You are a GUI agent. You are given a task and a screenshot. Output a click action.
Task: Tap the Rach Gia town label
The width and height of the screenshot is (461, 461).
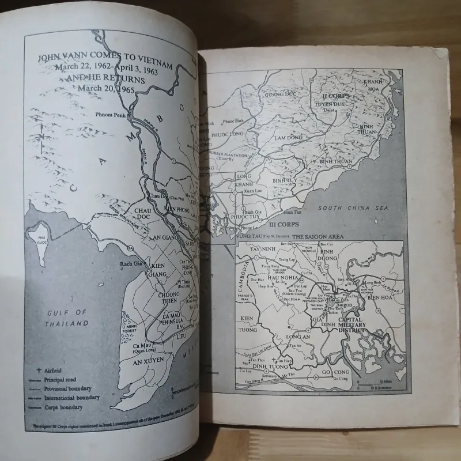pyautogui.click(x=127, y=264)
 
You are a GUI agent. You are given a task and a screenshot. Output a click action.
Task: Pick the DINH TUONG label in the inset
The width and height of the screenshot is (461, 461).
pyautogui.click(x=267, y=363)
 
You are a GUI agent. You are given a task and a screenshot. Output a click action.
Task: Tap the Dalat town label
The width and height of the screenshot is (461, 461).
pyautogui.click(x=328, y=109)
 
